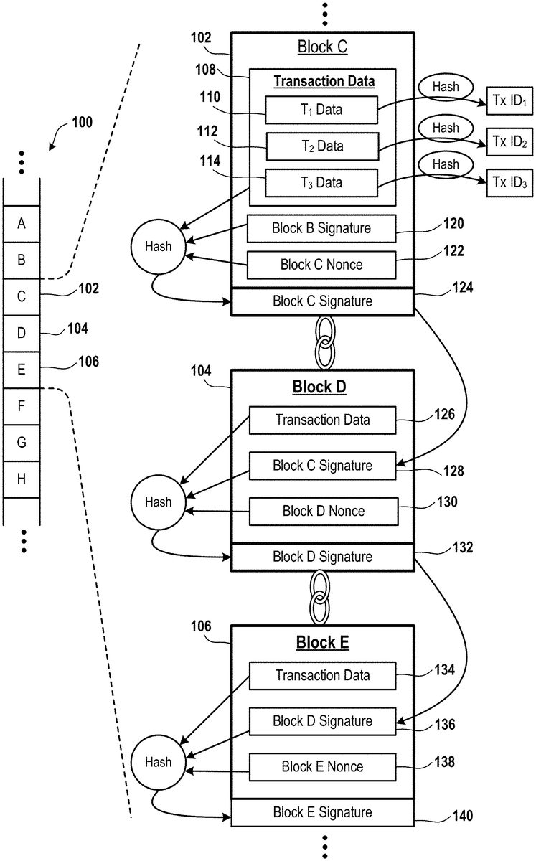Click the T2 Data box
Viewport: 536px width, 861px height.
tap(321, 146)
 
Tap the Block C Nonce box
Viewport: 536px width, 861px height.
tap(321, 265)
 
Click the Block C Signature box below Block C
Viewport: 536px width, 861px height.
tap(322, 301)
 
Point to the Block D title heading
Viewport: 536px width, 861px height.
tap(319, 387)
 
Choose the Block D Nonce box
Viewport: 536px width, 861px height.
tap(323, 512)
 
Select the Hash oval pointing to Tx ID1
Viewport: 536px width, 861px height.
tap(446, 88)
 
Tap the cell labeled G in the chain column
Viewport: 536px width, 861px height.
tap(22, 443)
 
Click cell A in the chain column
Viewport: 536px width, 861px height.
tap(22, 224)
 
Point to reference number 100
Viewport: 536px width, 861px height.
tap(82, 123)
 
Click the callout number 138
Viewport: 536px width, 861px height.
tap(444, 761)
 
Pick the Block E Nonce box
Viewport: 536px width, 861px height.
tap(323, 766)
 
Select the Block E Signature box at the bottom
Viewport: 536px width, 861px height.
tap(322, 812)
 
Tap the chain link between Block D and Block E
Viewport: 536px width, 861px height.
tap(320, 598)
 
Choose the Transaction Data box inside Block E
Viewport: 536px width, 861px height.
tap(323, 675)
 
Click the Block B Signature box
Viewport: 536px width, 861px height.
tap(321, 229)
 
